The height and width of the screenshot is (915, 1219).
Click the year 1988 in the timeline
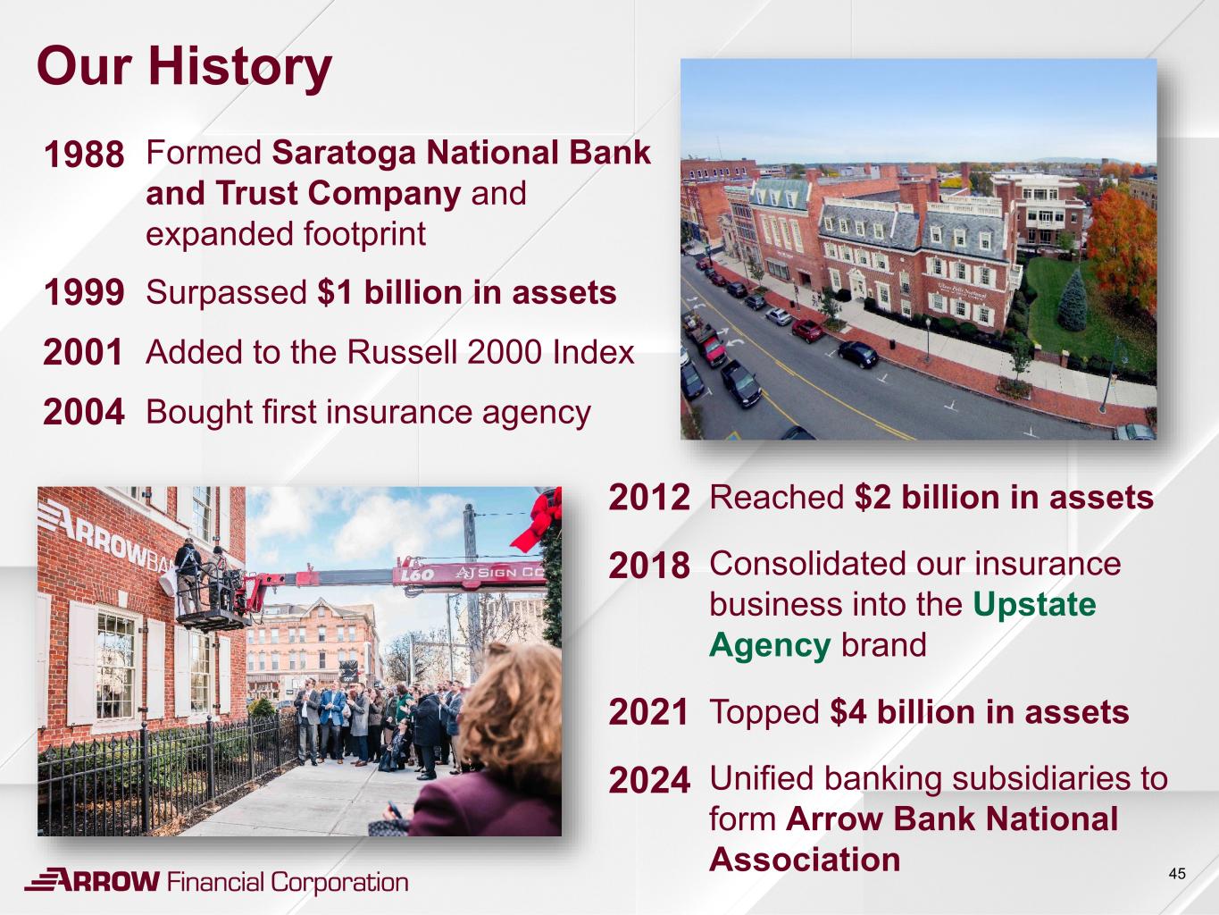84,154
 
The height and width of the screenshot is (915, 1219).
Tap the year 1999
84,292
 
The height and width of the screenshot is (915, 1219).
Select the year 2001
83,352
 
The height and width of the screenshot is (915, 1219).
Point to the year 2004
84,412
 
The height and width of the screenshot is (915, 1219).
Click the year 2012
649,497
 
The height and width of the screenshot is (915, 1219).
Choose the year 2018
649,566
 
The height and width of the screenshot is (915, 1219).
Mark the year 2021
648,711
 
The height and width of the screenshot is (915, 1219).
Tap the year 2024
649,780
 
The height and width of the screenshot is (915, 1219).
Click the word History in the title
240,68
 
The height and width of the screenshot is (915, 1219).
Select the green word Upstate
1034,604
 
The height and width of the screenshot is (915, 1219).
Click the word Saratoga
344,154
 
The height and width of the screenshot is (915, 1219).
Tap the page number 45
1177,874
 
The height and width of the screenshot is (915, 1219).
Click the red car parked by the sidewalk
807,330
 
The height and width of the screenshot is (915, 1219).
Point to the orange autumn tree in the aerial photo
1121,245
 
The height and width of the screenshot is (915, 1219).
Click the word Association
805,860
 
